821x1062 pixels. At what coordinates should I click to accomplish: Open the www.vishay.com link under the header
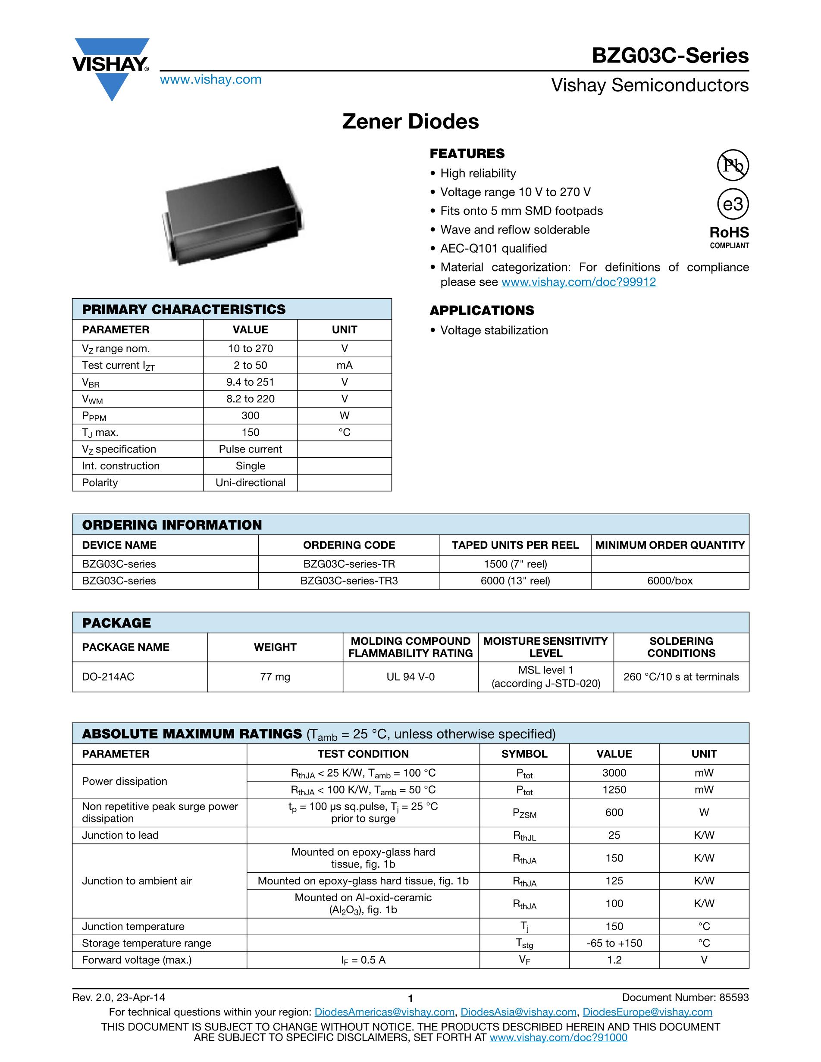(210, 79)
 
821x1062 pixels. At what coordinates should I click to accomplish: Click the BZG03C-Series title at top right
(670, 56)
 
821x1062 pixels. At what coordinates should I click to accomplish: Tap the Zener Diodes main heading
(410, 122)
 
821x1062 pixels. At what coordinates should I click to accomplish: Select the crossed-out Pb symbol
(733, 166)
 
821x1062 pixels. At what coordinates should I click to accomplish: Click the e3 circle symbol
(733, 204)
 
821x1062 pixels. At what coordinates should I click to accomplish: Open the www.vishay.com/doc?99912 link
(578, 282)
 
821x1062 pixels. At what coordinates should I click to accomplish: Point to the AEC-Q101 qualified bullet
(493, 249)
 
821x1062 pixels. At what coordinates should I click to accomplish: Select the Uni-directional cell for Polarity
(250, 483)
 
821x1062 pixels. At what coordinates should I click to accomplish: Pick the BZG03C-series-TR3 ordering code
(349, 581)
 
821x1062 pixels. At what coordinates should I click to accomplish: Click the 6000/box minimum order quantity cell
(670, 581)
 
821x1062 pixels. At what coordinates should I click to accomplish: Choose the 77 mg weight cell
(275, 677)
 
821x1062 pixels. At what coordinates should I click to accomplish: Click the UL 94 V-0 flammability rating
(410, 677)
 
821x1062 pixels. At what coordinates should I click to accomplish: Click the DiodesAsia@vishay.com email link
(518, 1012)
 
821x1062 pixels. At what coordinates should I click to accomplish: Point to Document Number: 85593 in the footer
(685, 998)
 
